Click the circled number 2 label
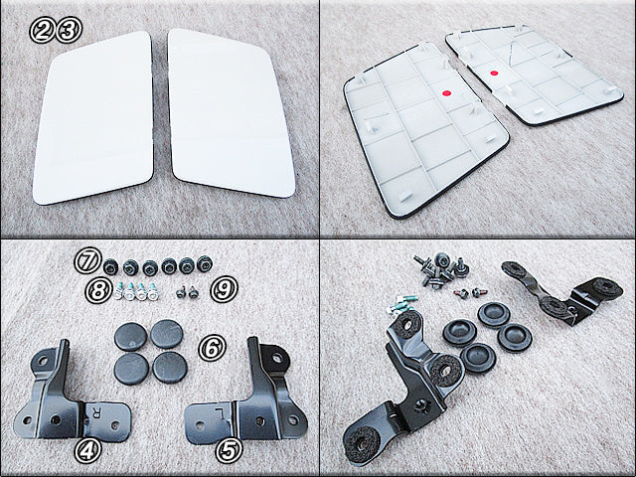point(42,30)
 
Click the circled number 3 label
point(69,30)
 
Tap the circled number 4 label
point(87,450)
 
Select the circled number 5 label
point(229,450)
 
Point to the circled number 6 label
point(212,348)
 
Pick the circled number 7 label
point(87,260)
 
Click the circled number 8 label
point(98,289)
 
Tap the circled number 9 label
point(225,289)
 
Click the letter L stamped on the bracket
point(220,413)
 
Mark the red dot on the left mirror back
point(446,93)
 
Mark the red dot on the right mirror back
point(493,74)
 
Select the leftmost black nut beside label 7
point(110,266)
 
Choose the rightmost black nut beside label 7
point(205,264)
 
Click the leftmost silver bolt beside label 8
point(119,291)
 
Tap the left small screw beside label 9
point(181,292)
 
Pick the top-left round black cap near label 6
point(130,336)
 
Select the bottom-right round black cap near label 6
point(170,367)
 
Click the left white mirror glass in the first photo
point(93,118)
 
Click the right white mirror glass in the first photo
point(230,113)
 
